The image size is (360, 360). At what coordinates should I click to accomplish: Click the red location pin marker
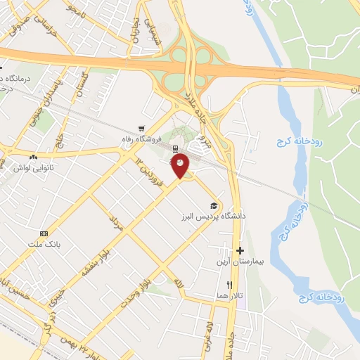coord(180,164)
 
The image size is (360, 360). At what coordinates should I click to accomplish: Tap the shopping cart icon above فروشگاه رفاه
coord(142,129)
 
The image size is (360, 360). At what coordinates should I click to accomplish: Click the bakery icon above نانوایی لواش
coord(33,156)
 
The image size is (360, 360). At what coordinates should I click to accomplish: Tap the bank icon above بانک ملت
coord(45,233)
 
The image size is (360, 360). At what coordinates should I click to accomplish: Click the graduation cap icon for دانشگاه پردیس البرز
coord(213,205)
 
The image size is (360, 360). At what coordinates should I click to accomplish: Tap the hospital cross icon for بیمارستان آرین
coord(240,250)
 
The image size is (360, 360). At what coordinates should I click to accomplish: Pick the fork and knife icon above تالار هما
coord(229,285)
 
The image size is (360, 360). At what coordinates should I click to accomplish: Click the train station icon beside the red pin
coord(175,148)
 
